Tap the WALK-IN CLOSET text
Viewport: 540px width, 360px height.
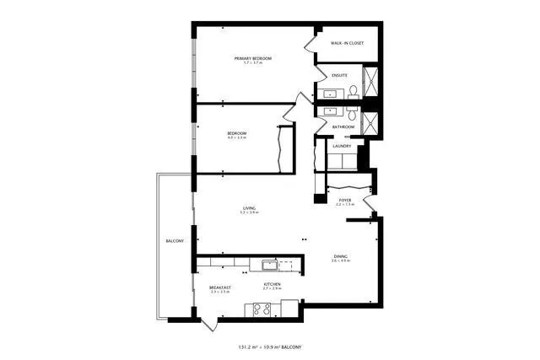pos(347,43)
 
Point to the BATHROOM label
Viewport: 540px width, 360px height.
pos(343,127)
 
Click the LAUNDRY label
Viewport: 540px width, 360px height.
pos(341,147)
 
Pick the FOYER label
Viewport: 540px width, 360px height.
pos(344,200)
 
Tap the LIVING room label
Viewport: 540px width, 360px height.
pos(250,207)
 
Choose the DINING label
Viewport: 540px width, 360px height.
pos(340,256)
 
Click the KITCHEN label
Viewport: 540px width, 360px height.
pos(272,285)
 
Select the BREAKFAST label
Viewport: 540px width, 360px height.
pos(219,287)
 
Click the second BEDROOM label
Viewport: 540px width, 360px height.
pos(236,133)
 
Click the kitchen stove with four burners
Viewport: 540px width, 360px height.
pos(262,309)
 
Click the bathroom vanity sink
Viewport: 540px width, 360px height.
pos(328,110)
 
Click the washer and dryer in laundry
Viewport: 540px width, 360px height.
pos(342,161)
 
